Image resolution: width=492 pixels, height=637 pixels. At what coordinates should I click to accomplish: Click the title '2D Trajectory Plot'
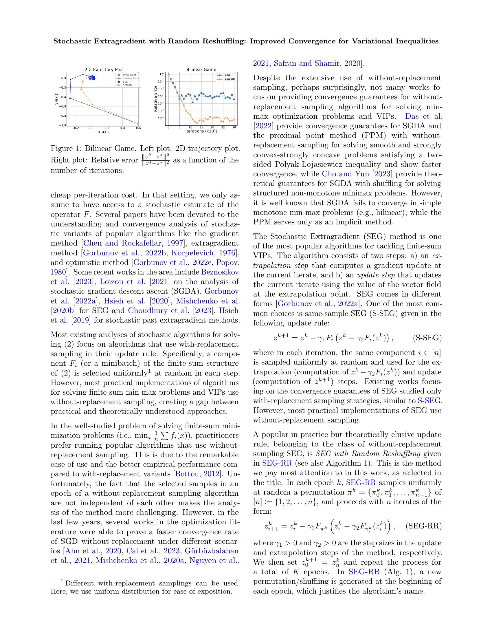[x=104, y=69]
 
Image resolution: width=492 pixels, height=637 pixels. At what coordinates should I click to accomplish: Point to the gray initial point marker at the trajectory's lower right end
[x=138, y=123]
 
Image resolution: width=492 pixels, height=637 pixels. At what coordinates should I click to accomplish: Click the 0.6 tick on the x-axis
[x=138, y=128]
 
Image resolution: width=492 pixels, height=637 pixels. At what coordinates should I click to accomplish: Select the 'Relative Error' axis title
[x=155, y=98]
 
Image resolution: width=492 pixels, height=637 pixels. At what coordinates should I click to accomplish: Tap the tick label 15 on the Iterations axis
[x=201, y=128]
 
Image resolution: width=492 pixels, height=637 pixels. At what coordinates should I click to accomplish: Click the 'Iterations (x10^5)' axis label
[x=201, y=131]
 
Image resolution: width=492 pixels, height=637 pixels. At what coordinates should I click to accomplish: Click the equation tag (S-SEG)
[x=427, y=338]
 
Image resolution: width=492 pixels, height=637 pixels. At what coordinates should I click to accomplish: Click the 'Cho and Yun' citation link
[x=345, y=174]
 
